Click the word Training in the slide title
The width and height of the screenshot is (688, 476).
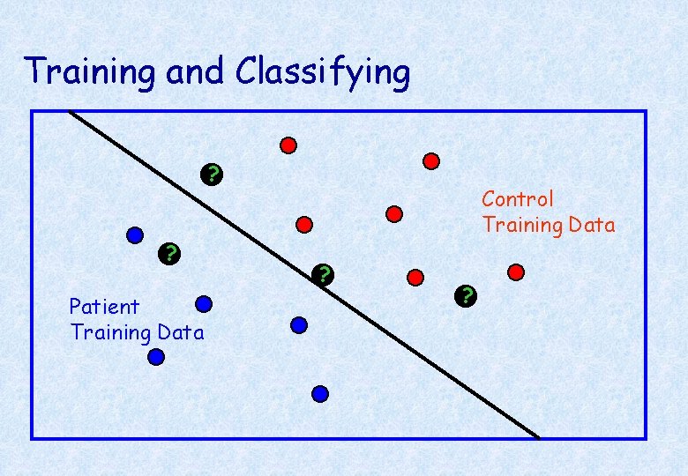coord(92,71)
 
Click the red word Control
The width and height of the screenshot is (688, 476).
coord(518,199)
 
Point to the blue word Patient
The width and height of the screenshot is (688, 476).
coord(104,307)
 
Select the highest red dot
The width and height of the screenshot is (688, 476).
coord(288,145)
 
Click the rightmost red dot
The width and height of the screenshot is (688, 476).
coord(516,271)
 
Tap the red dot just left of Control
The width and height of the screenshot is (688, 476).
coord(394,213)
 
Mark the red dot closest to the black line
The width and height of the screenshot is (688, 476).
coord(304,224)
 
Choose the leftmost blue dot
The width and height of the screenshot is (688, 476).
coord(135,235)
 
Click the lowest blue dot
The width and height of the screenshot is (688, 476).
coord(320,394)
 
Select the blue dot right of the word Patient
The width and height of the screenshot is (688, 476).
coord(204,304)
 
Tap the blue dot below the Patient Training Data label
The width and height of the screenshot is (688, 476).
coord(156,357)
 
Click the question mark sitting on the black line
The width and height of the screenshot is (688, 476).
coord(325,275)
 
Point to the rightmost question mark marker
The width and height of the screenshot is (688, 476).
coord(467,295)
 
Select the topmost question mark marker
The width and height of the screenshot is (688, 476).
coord(211,174)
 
